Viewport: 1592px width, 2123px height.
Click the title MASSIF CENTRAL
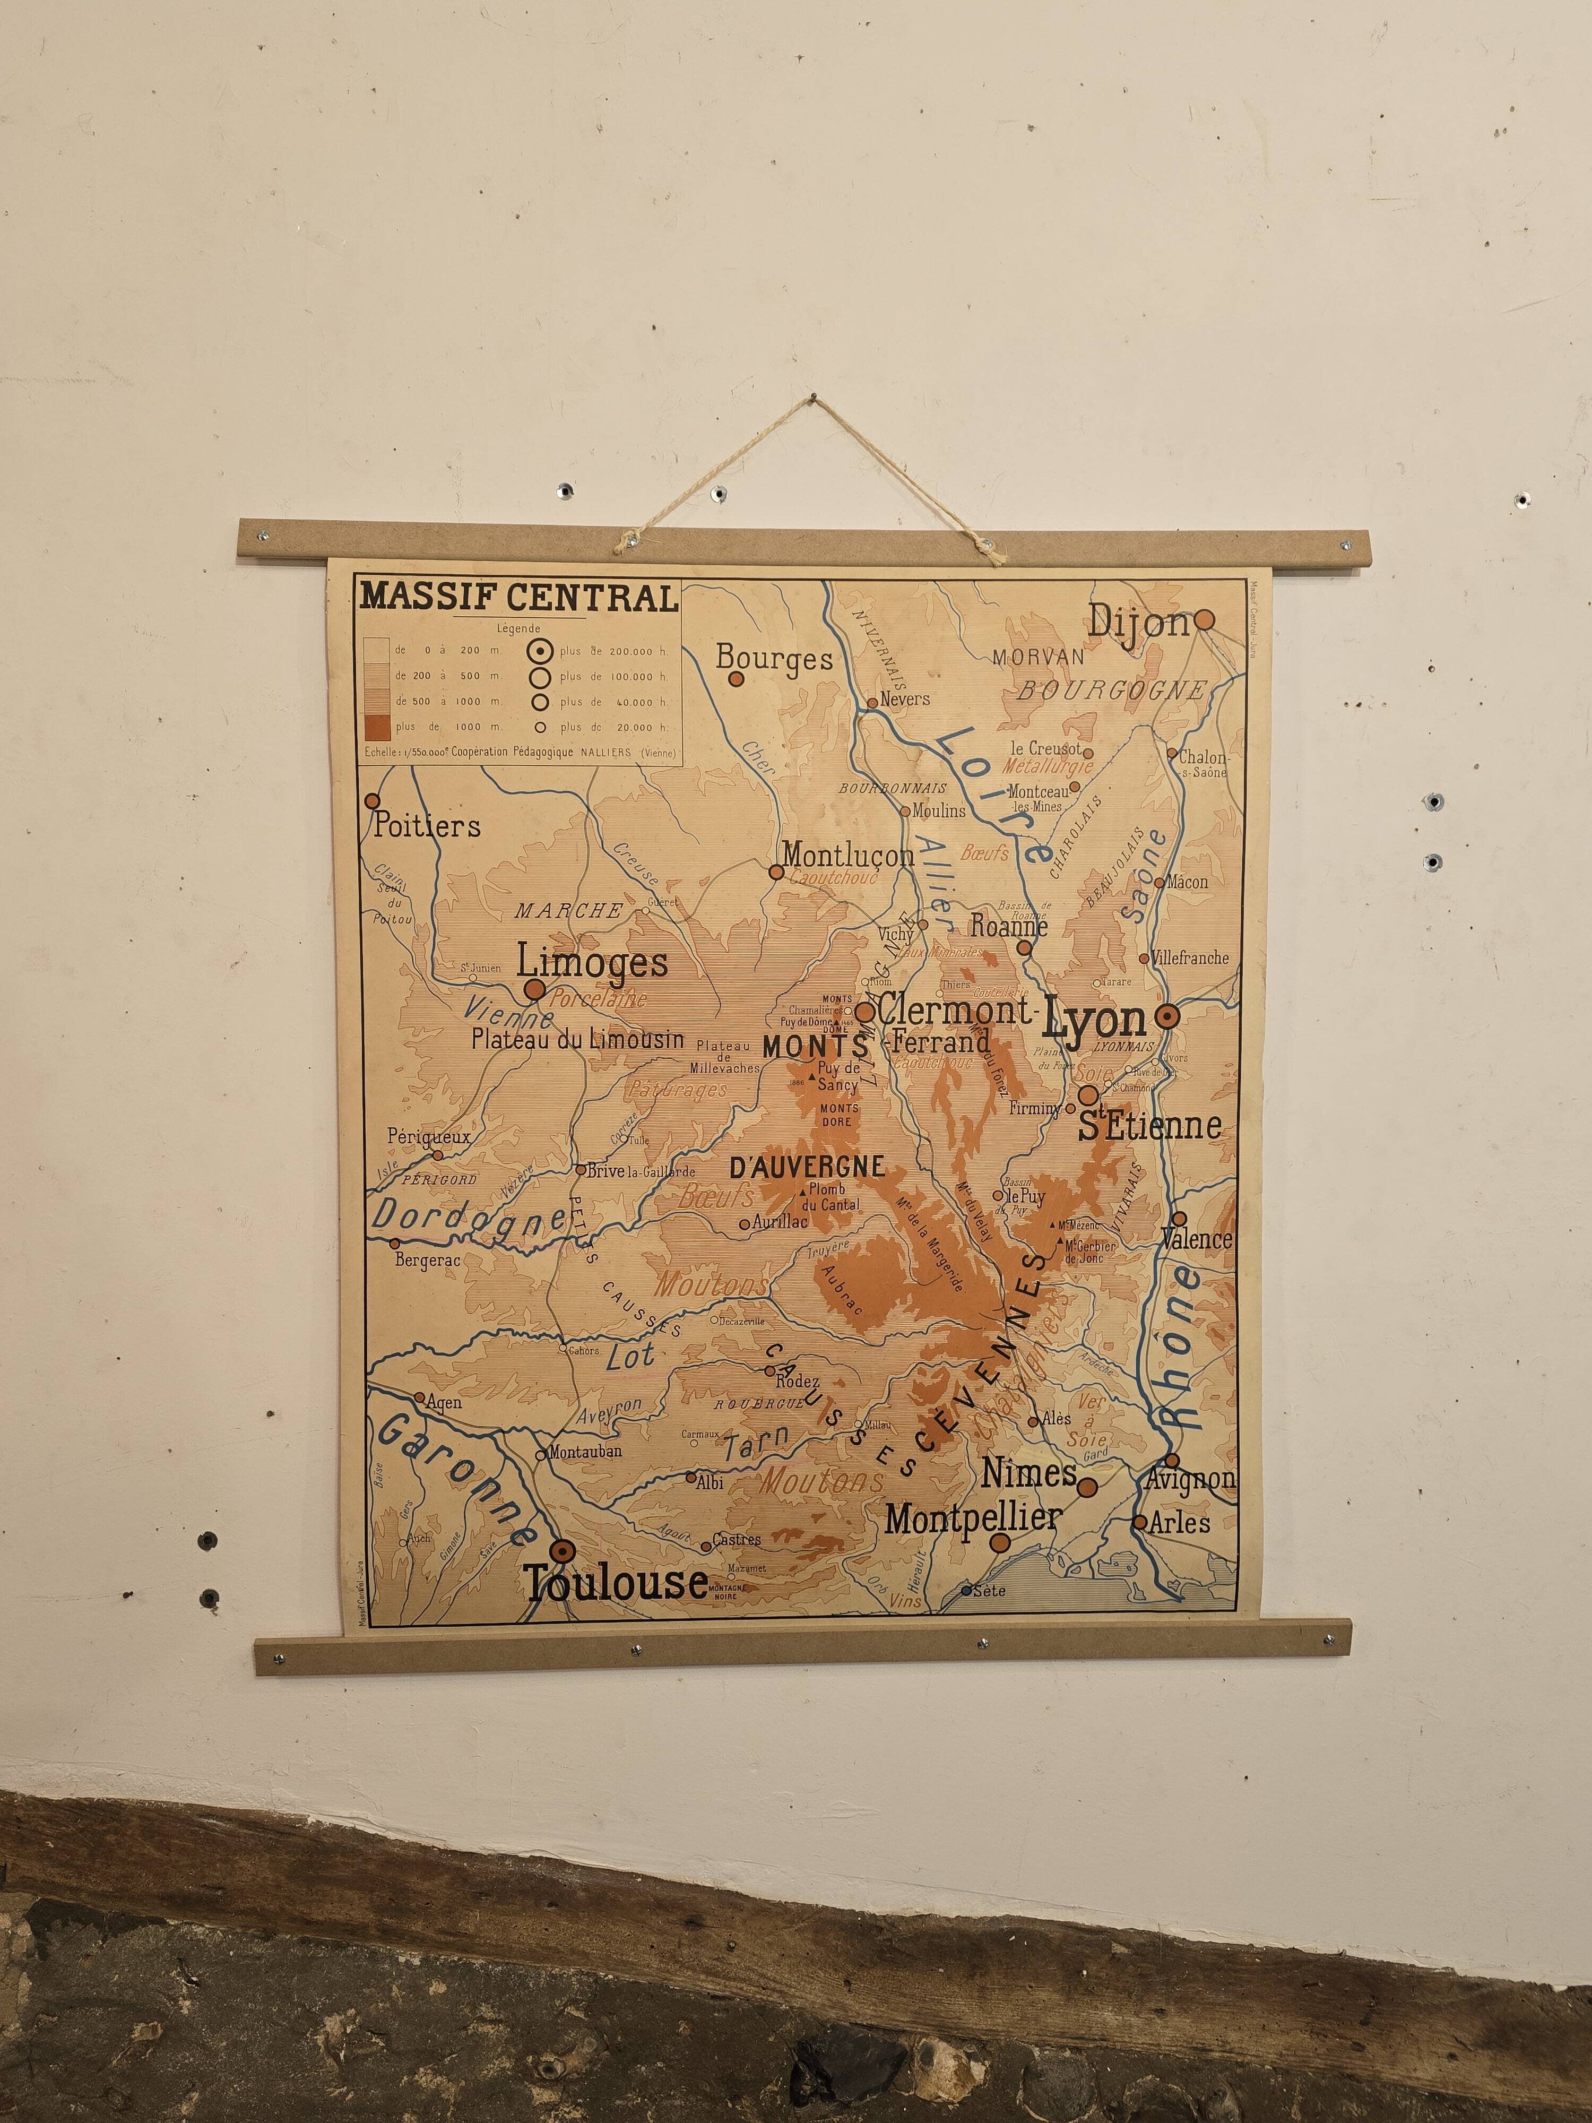coord(518,598)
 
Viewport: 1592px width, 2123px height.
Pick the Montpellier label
coord(973,1517)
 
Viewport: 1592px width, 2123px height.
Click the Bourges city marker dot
coord(736,678)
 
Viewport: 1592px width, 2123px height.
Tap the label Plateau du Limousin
coord(578,1039)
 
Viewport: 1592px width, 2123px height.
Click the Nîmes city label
coord(1028,1472)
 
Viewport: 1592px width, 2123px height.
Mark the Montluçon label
coord(849,853)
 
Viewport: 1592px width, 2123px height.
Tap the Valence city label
coord(1196,1239)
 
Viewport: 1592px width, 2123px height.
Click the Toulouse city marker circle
coord(563,1552)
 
